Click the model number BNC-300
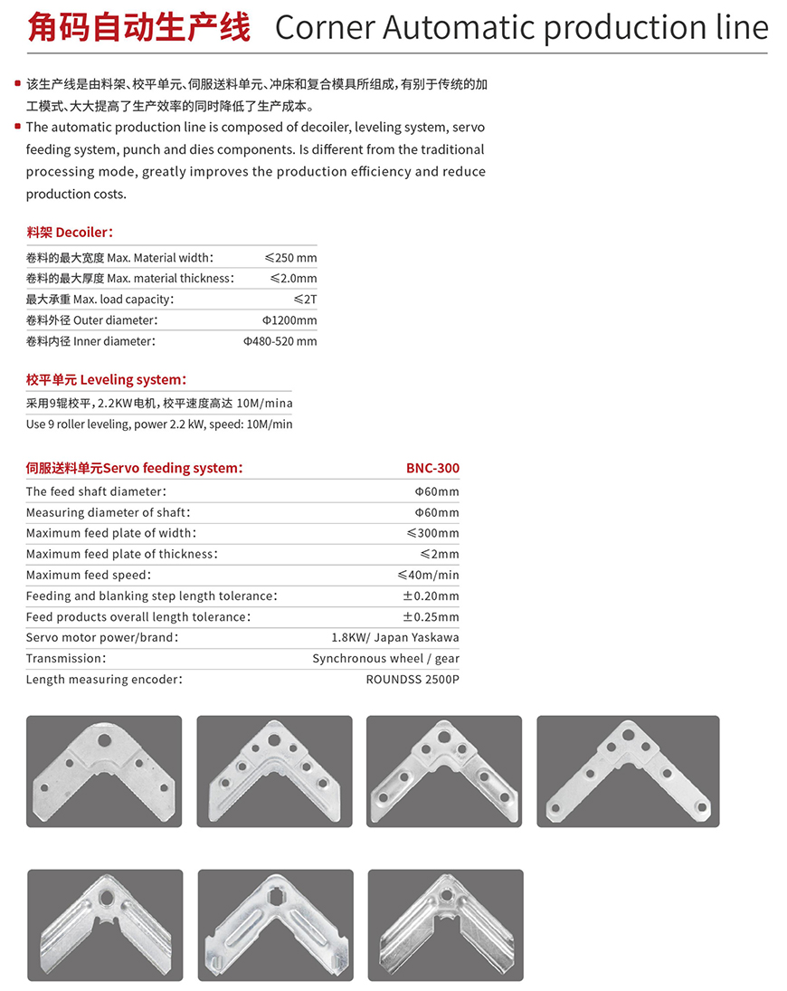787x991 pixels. click(432, 468)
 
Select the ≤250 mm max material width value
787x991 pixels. click(290, 258)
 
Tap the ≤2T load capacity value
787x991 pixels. click(305, 299)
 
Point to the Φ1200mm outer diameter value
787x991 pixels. click(289, 320)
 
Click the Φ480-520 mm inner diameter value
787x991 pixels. click(280, 341)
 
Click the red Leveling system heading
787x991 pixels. click(106, 380)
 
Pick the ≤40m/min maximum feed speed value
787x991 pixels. click(428, 575)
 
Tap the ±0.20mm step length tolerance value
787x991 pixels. click(431, 596)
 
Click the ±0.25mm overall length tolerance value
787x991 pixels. click(431, 616)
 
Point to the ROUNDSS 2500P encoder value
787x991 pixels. click(412, 679)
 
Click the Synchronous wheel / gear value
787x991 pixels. click(385, 658)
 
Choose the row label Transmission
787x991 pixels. click(65, 658)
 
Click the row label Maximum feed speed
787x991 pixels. click(88, 575)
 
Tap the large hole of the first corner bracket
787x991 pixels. click(105, 739)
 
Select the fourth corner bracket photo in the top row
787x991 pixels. click(628, 771)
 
